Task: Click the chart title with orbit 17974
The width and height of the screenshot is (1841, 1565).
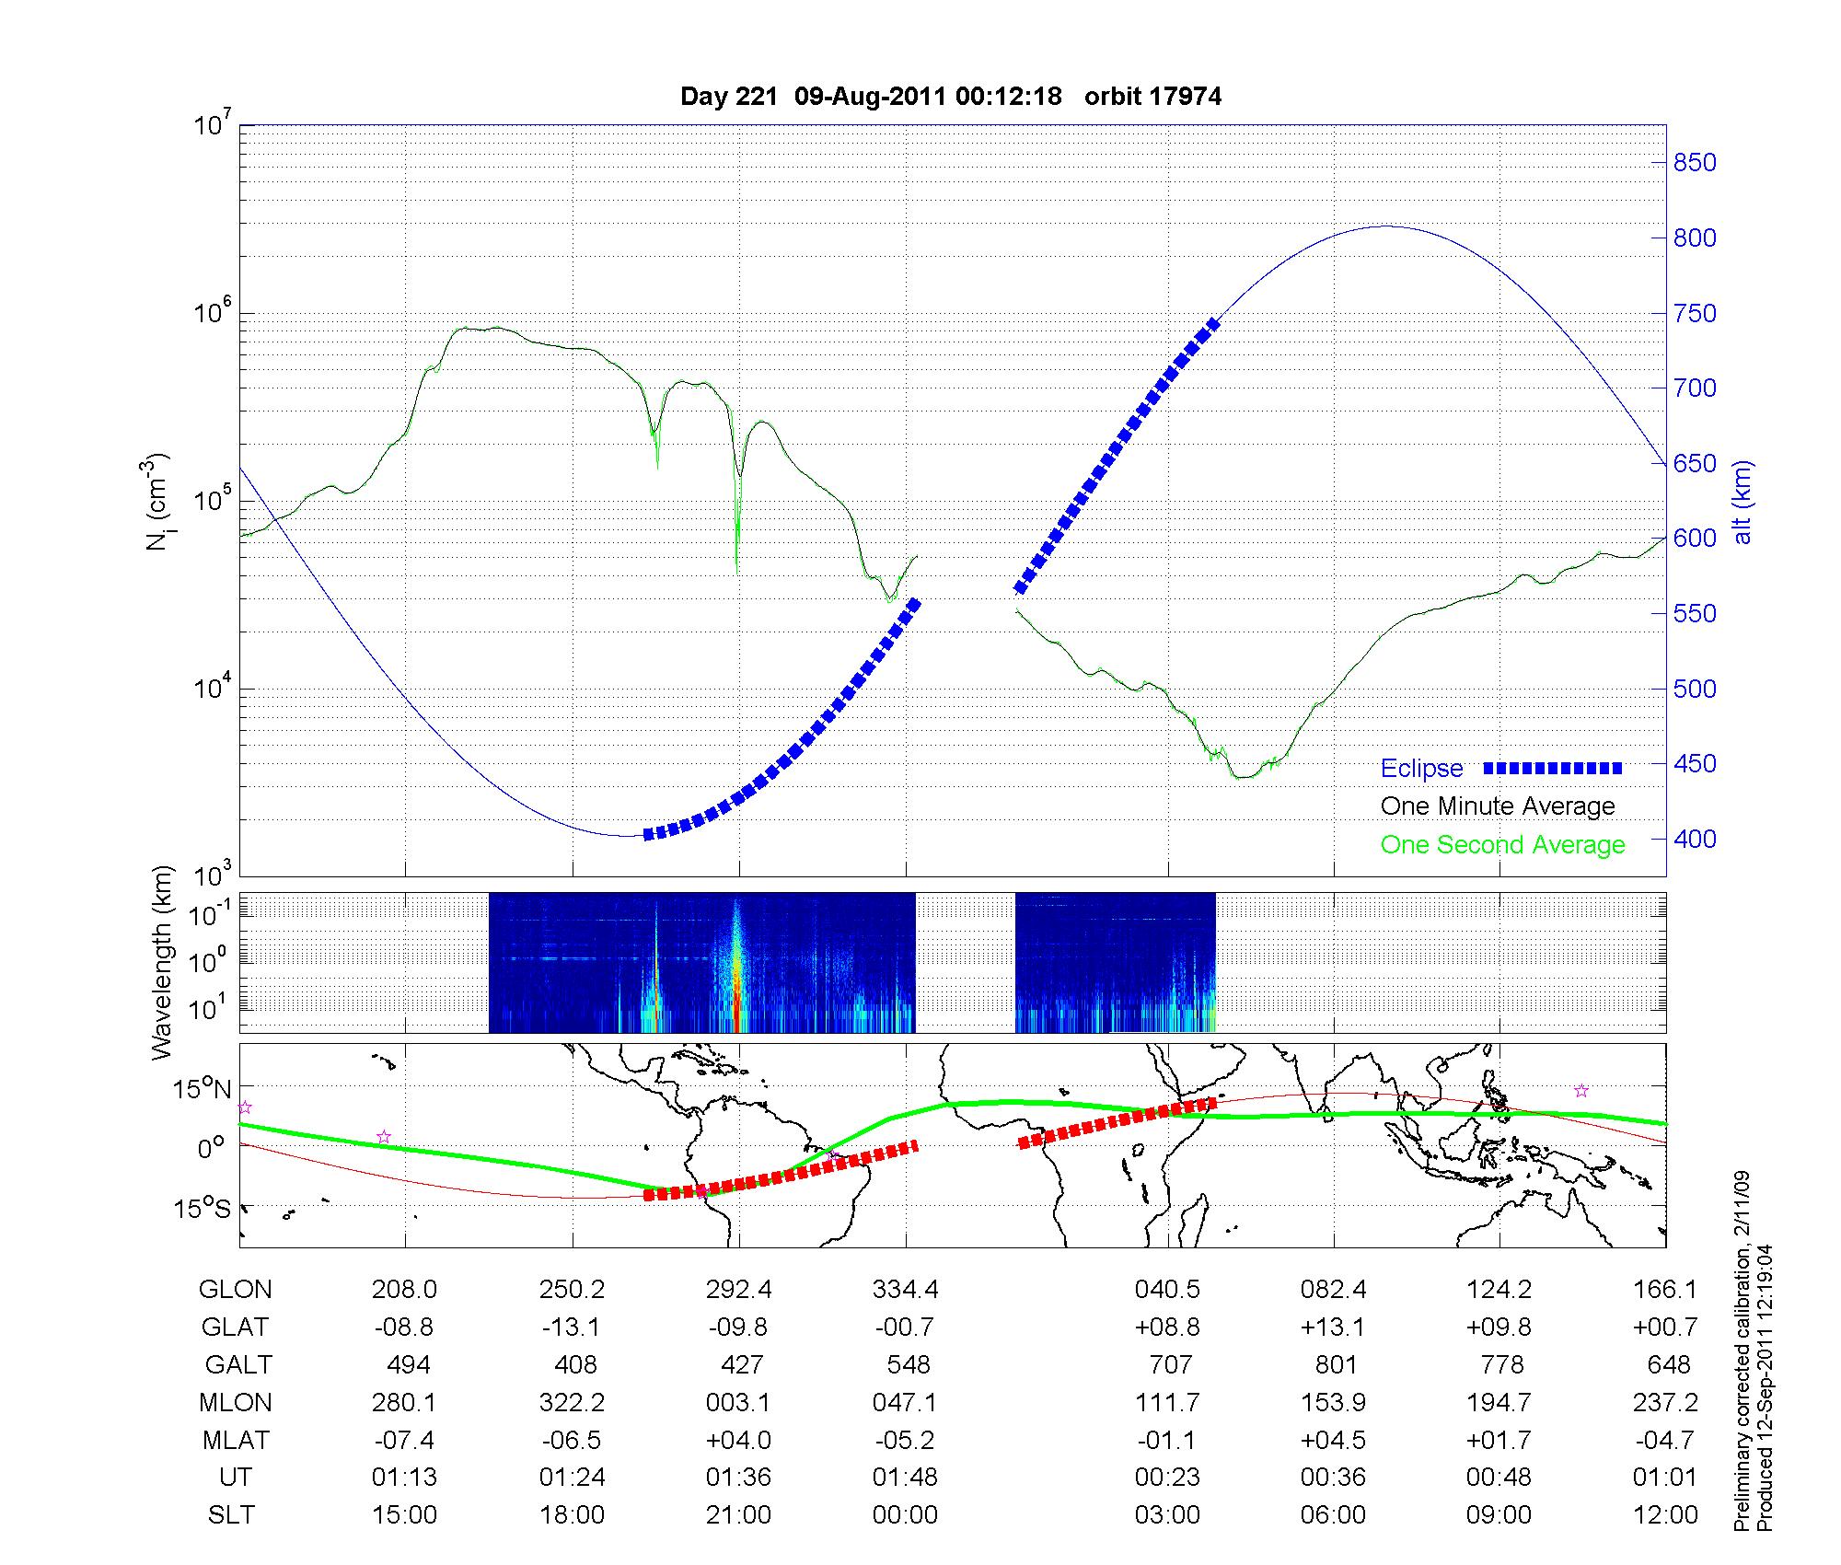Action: pyautogui.click(x=950, y=97)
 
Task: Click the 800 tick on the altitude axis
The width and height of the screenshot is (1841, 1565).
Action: pyautogui.click(x=1694, y=238)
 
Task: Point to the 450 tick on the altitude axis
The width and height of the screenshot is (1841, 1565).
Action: pyautogui.click(x=1694, y=764)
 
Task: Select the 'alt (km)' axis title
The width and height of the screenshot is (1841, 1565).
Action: pyautogui.click(x=1743, y=502)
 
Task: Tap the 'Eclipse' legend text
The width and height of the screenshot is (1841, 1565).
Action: pyautogui.click(x=1421, y=769)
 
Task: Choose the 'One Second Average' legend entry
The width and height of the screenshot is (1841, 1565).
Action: pyautogui.click(x=1502, y=845)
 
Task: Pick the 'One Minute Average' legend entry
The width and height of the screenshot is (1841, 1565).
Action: pyautogui.click(x=1498, y=806)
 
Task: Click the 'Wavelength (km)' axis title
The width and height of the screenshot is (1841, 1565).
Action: pyautogui.click(x=162, y=963)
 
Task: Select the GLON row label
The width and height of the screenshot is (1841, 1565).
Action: pyautogui.click(x=236, y=1290)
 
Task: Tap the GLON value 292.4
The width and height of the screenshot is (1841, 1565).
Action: pyautogui.click(x=739, y=1290)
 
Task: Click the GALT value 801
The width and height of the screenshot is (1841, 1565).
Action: pyautogui.click(x=1336, y=1364)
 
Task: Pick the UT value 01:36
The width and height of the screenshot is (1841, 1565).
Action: pyautogui.click(x=739, y=1478)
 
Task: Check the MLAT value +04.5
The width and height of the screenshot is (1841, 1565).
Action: pyautogui.click(x=1336, y=1440)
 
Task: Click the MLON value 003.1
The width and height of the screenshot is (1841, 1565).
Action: pyautogui.click(x=739, y=1402)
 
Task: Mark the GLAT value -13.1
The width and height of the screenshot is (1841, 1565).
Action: pyautogui.click(x=573, y=1327)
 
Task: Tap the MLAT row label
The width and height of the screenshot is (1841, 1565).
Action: pyautogui.click(x=236, y=1440)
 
